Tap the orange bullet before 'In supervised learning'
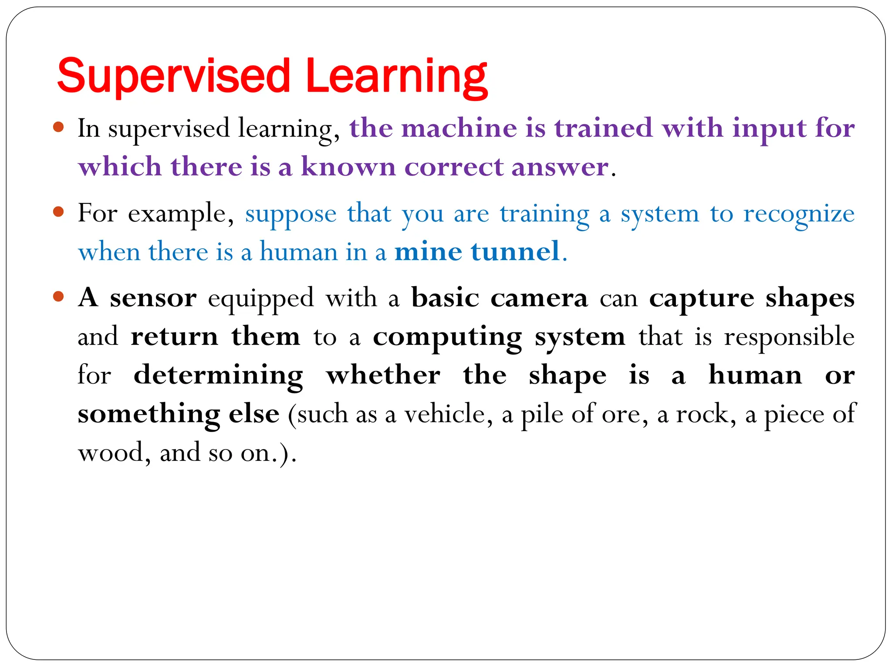point(58,128)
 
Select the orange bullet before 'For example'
point(58,213)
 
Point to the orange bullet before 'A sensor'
point(58,297)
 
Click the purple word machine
point(459,129)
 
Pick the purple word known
point(348,167)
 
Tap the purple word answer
point(560,167)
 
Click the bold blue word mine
point(428,252)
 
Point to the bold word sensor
point(153,299)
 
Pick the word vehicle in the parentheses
point(448,414)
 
